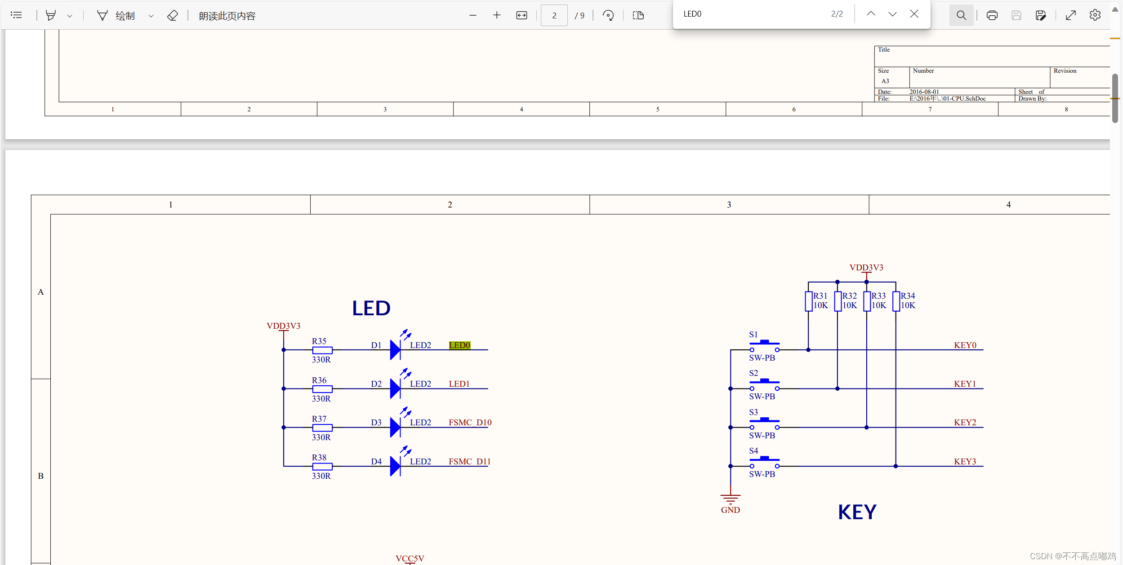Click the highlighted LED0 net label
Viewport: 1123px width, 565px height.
click(x=459, y=345)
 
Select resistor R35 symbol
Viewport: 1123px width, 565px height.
click(x=322, y=350)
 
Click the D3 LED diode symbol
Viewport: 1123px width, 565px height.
click(x=395, y=427)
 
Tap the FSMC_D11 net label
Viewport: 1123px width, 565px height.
click(x=469, y=461)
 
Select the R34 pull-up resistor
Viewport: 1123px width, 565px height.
click(x=896, y=301)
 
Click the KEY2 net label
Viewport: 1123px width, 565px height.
click(x=965, y=422)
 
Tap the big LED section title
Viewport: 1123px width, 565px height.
click(x=371, y=308)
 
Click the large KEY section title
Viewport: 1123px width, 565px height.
click(x=857, y=512)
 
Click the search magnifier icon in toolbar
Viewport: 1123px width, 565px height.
click(x=961, y=15)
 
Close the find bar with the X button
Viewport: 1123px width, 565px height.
click(x=914, y=14)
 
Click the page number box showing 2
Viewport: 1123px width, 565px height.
click(x=554, y=15)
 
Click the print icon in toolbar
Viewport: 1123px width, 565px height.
click(x=992, y=15)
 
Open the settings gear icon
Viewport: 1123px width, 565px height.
click(x=1095, y=15)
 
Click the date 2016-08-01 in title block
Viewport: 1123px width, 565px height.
click(x=924, y=92)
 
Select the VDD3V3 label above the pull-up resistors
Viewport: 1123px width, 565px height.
click(x=866, y=268)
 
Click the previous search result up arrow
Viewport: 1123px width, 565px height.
click(x=871, y=14)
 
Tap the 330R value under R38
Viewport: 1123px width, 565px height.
click(x=321, y=476)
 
